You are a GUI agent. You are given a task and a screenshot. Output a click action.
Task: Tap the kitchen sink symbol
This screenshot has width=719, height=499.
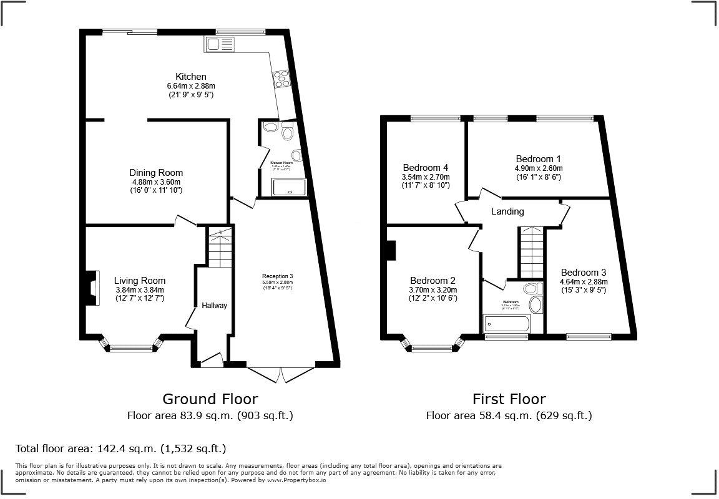218,44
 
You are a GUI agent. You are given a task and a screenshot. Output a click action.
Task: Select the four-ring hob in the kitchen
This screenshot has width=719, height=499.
280,78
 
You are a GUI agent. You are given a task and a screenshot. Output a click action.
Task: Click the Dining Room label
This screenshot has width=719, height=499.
156,173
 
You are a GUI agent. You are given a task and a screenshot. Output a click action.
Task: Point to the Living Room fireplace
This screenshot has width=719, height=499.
92,288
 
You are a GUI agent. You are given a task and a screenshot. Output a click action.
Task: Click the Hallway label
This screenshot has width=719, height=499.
214,306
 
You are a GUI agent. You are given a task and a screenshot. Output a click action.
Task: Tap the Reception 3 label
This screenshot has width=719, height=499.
277,276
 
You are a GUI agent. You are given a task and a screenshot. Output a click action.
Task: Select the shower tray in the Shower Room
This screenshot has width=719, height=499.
290,187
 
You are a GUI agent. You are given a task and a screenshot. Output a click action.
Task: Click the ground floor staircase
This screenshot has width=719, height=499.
219,248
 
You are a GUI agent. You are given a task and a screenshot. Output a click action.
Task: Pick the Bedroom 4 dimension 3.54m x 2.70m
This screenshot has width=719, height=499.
426,177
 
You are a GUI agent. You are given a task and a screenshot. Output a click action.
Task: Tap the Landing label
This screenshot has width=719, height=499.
507,211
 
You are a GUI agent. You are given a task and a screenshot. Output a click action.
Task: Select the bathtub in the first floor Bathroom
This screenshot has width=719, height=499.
506,324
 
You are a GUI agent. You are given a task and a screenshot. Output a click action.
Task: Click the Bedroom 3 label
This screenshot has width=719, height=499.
583,272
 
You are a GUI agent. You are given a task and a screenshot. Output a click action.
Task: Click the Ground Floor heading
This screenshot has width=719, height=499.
210,399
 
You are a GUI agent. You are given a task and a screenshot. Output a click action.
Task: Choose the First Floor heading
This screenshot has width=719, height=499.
509,399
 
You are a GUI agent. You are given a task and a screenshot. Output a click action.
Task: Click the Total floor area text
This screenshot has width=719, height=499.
120,448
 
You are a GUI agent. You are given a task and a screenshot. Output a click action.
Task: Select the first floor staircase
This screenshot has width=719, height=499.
532,253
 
